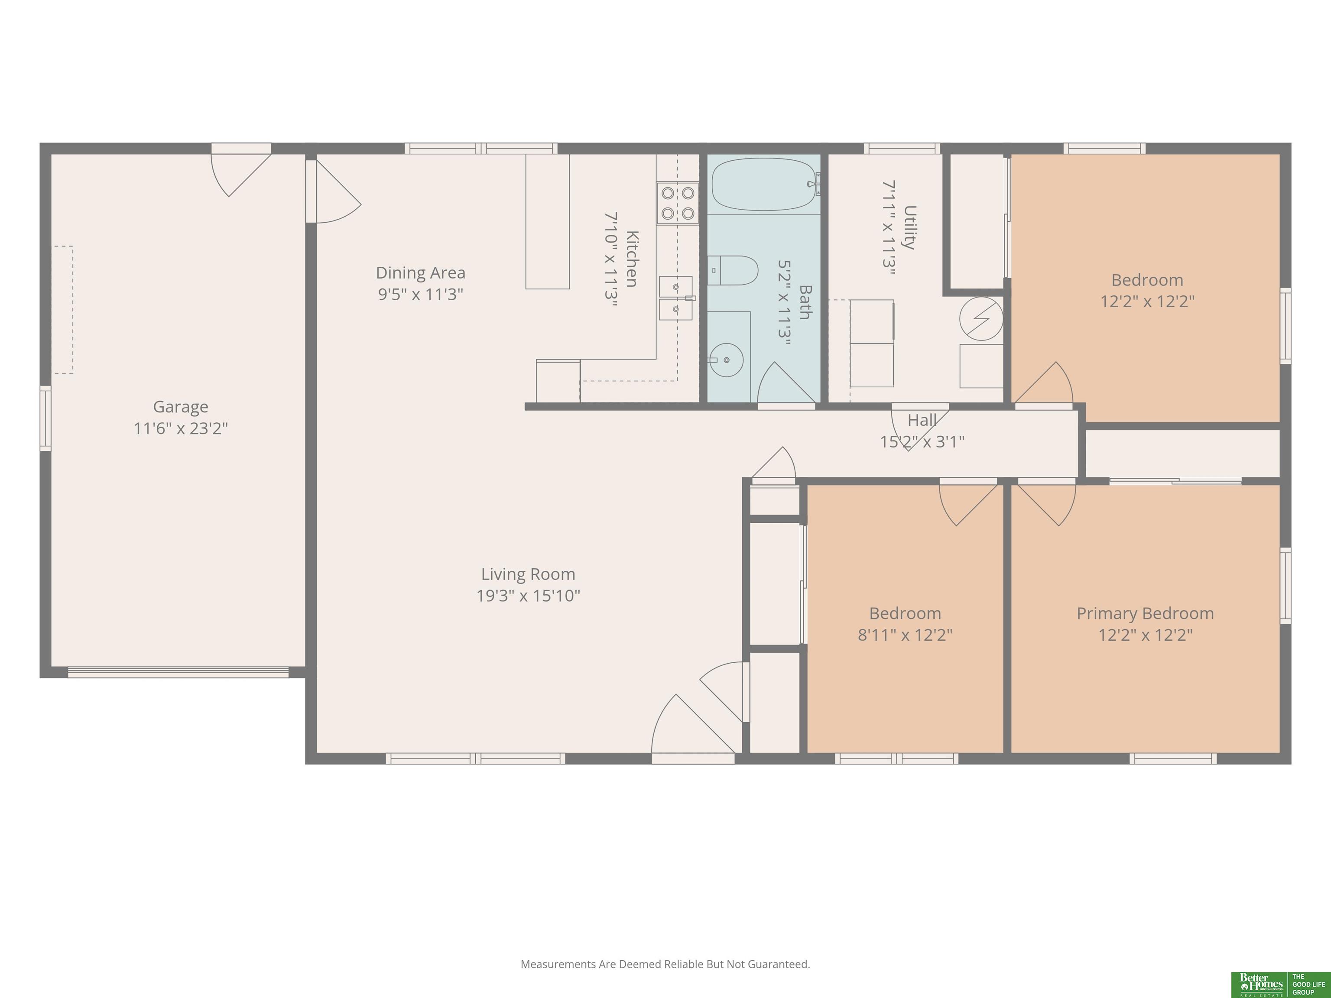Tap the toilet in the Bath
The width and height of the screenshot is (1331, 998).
point(732,271)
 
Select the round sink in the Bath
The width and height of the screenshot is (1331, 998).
point(726,360)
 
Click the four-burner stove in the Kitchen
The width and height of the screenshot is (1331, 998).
point(678,203)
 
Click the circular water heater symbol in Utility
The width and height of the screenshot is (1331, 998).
point(981,319)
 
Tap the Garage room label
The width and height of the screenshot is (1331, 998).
point(181,407)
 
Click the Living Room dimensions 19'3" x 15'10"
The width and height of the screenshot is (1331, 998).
point(528,596)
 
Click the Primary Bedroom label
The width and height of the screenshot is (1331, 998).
point(1145,614)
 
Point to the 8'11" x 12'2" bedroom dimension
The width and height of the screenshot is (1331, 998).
point(905,635)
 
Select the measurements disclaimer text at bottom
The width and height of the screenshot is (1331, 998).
point(665,964)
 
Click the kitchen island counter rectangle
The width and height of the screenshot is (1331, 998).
point(548,221)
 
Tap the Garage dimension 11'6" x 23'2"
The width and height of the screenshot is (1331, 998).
point(181,428)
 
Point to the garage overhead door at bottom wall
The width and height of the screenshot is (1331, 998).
point(178,672)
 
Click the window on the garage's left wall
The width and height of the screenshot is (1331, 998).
point(45,418)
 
